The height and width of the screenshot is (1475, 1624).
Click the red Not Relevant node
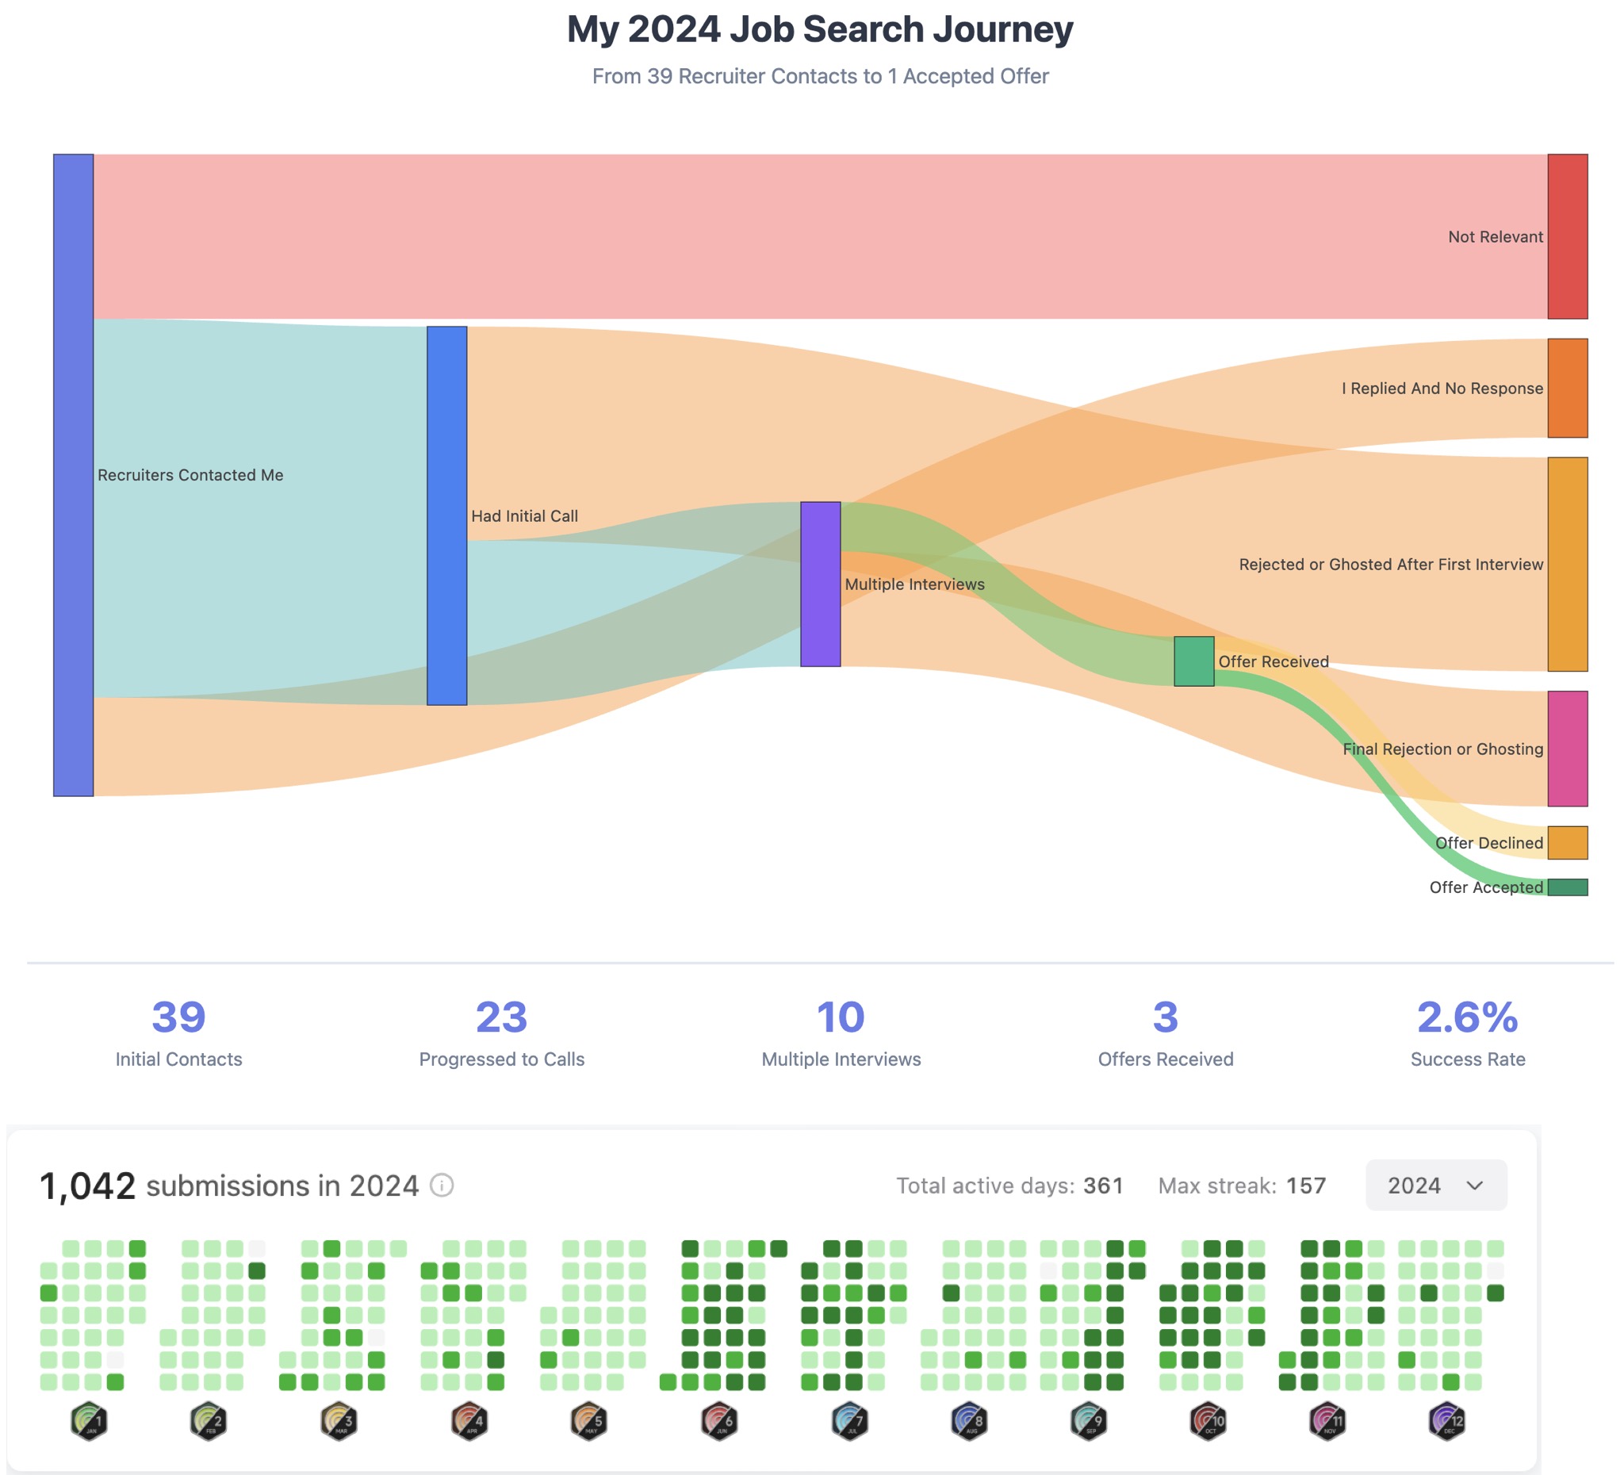coord(1567,236)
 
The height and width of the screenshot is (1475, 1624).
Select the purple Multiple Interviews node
coord(820,584)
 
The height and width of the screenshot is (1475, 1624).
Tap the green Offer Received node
coord(1193,661)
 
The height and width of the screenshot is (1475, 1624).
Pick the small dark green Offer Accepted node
coord(1567,887)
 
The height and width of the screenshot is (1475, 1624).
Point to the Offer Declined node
coord(1567,843)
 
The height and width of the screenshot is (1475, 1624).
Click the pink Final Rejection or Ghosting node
coord(1567,749)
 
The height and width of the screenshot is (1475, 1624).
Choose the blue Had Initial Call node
coord(446,515)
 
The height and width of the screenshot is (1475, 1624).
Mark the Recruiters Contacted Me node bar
coord(73,475)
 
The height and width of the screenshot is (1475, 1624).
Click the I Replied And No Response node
coord(1567,389)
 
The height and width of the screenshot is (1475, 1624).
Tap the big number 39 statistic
coord(179,1017)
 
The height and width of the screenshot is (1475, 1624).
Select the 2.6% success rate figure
coord(1467,1017)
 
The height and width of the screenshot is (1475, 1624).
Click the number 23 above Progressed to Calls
coord(501,1017)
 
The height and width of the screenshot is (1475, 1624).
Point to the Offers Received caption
coord(1165,1059)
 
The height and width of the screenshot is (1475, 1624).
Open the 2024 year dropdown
coord(1435,1185)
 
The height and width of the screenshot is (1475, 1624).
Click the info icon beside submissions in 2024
coord(442,1185)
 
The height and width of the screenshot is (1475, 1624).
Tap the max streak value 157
coord(1305,1186)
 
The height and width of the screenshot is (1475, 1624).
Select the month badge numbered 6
coord(719,1421)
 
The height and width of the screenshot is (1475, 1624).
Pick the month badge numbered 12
coord(1447,1421)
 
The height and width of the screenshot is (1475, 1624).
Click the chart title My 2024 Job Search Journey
coord(820,30)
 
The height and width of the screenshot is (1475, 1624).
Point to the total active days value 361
coord(1103,1186)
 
